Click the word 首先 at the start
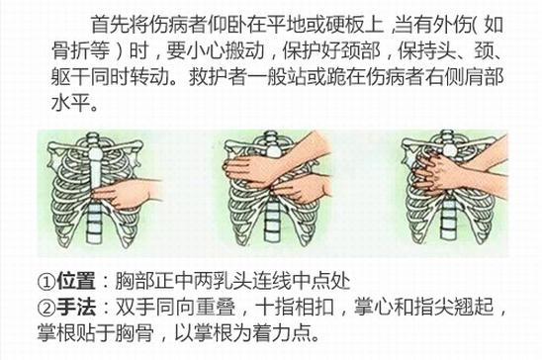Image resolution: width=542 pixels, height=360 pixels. (110, 25)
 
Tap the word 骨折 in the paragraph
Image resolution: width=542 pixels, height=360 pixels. (71, 50)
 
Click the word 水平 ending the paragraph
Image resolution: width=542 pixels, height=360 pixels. (71, 103)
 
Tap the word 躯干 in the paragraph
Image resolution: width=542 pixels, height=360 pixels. (71, 77)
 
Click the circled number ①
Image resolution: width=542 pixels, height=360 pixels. (46, 282)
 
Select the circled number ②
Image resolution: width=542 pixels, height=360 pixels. (46, 308)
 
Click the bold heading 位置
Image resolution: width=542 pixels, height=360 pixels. (76, 282)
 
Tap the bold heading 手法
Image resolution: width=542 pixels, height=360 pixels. (76, 308)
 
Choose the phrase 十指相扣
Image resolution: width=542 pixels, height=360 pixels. (295, 308)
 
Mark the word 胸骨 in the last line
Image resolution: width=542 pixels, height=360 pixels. (135, 333)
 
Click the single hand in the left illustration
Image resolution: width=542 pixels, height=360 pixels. (127, 193)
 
